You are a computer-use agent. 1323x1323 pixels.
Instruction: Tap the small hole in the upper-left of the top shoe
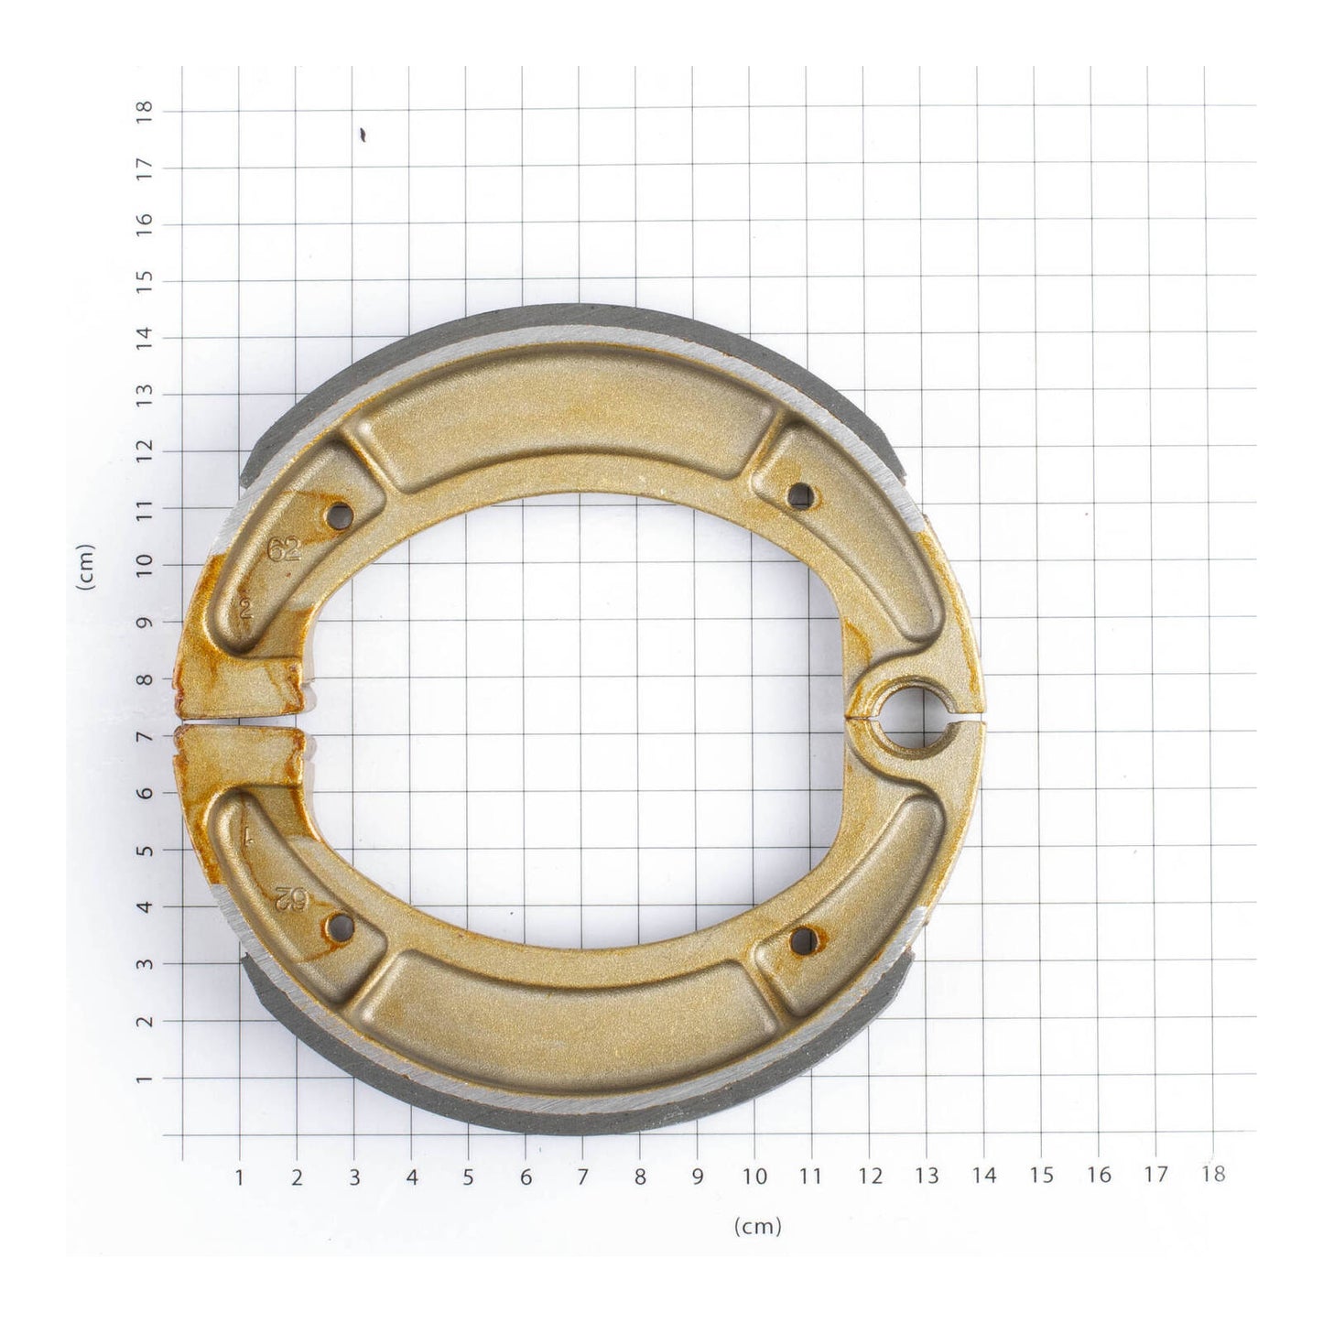pyautogui.click(x=341, y=515)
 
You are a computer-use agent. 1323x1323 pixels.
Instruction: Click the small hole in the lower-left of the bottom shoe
pyautogui.click(x=341, y=927)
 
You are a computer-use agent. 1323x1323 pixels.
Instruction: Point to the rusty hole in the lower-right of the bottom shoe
pyautogui.click(x=803, y=937)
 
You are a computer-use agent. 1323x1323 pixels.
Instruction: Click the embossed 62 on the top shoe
pyautogui.click(x=284, y=549)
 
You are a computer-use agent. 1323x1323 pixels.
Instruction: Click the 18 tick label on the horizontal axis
pyautogui.click(x=1212, y=1176)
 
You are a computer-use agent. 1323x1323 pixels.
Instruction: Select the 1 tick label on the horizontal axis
pyautogui.click(x=240, y=1177)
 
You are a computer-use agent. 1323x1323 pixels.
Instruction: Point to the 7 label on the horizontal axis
pyautogui.click(x=582, y=1177)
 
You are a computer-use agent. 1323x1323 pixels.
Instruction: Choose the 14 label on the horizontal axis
pyautogui.click(x=984, y=1177)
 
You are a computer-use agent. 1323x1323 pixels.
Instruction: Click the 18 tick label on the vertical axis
pyautogui.click(x=144, y=111)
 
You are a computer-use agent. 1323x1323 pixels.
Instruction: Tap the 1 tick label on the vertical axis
pyautogui.click(x=144, y=1079)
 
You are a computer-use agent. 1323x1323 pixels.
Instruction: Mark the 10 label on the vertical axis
pyautogui.click(x=144, y=565)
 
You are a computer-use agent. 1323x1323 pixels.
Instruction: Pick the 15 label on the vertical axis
pyautogui.click(x=144, y=280)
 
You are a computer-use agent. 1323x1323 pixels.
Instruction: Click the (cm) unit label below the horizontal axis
pyautogui.click(x=758, y=1226)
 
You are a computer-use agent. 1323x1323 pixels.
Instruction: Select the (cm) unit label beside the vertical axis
pyautogui.click(x=87, y=568)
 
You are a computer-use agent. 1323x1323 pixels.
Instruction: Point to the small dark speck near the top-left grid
pyautogui.click(x=363, y=136)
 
